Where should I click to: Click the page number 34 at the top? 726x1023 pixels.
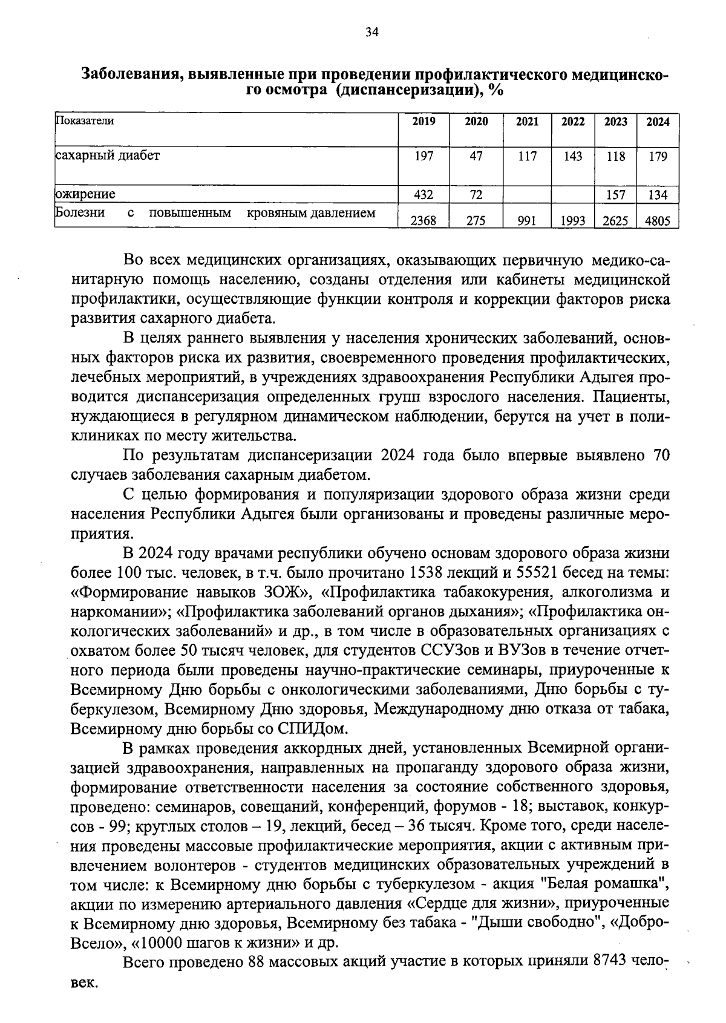pyautogui.click(x=371, y=33)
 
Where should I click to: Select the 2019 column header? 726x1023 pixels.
pyautogui.click(x=423, y=122)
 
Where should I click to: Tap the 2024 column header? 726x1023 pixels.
pyautogui.click(x=658, y=122)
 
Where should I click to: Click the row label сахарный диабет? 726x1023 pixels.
pyautogui.click(x=108, y=155)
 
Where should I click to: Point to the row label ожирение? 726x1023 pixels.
pyautogui.click(x=85, y=194)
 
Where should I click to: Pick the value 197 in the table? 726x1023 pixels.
pyautogui.click(x=423, y=157)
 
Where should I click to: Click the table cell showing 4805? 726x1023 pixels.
pyautogui.click(x=658, y=221)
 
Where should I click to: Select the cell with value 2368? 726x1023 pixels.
pyautogui.click(x=423, y=221)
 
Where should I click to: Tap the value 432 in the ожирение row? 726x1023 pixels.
pyautogui.click(x=423, y=195)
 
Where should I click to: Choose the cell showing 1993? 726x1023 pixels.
pyautogui.click(x=572, y=221)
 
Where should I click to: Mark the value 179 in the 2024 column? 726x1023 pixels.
pyautogui.click(x=658, y=157)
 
